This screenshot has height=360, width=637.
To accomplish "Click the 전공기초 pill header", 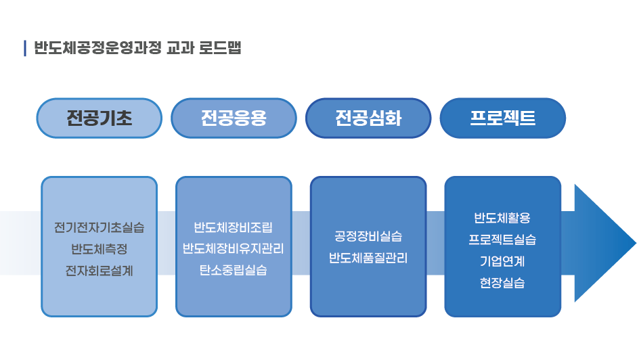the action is click(99, 118).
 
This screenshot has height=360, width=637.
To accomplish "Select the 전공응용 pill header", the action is click(234, 118).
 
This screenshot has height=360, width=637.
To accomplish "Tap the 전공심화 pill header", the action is click(368, 118).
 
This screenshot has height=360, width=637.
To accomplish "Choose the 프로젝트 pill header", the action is click(502, 118).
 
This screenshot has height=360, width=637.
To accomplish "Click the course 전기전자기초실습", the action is click(99, 227).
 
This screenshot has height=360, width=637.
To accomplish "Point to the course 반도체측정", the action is click(99, 248).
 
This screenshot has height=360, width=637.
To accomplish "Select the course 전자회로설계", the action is click(99, 271).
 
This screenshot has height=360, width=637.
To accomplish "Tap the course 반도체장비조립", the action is click(233, 227).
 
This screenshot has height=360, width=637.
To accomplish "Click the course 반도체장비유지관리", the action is click(233, 248).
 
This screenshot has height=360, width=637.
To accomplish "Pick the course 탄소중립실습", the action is click(233, 270).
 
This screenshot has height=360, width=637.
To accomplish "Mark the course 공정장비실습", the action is click(368, 236).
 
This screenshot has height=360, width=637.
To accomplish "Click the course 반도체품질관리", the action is click(368, 258).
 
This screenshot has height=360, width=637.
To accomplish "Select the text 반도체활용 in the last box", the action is click(502, 218).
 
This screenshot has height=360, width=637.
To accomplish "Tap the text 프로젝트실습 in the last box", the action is click(502, 240).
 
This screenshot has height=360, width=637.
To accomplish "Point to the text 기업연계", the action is click(502, 261).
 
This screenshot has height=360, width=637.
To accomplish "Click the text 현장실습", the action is click(502, 282).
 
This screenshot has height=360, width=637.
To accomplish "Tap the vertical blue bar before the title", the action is click(25, 48).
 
